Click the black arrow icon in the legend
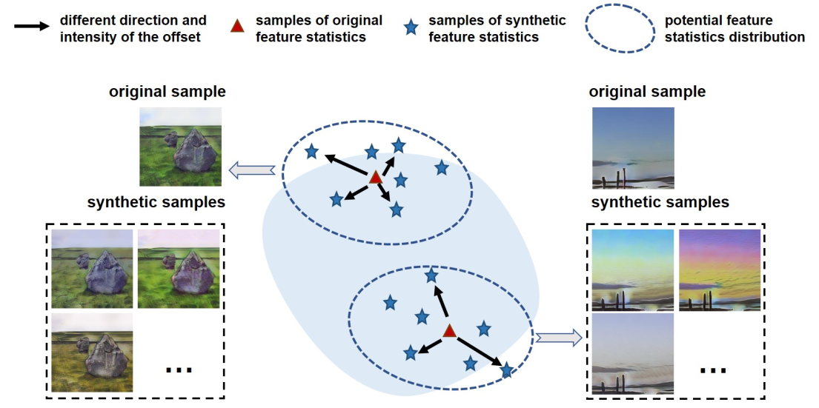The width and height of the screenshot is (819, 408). [x=33, y=27]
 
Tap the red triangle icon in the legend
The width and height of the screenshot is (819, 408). [x=236, y=27]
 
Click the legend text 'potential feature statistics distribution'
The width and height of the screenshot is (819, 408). [x=734, y=28]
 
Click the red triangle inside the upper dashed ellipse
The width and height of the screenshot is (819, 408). [x=376, y=177]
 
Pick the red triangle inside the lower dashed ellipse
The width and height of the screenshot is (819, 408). [x=449, y=331]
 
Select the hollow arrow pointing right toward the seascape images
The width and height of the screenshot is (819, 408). [x=558, y=338]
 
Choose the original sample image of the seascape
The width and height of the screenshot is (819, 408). [x=633, y=147]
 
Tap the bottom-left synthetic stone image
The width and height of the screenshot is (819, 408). [x=93, y=352]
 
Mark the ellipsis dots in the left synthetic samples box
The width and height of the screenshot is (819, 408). [x=179, y=367]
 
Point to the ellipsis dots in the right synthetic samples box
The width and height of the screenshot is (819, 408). [x=713, y=368]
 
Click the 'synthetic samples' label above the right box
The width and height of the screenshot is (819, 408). [x=660, y=202]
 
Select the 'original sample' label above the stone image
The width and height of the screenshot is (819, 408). [x=168, y=92]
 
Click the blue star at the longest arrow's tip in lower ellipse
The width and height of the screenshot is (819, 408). [x=507, y=370]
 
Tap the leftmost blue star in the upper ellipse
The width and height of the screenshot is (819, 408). [x=312, y=152]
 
